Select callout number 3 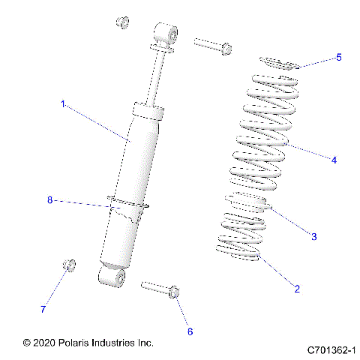314,236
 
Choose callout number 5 337,57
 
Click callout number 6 190,331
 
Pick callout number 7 43,309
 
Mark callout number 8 50,199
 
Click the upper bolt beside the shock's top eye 214,45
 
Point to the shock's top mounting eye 167,35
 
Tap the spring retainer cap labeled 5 278,62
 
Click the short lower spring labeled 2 240,240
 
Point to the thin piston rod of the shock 157,76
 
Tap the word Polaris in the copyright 79,342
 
